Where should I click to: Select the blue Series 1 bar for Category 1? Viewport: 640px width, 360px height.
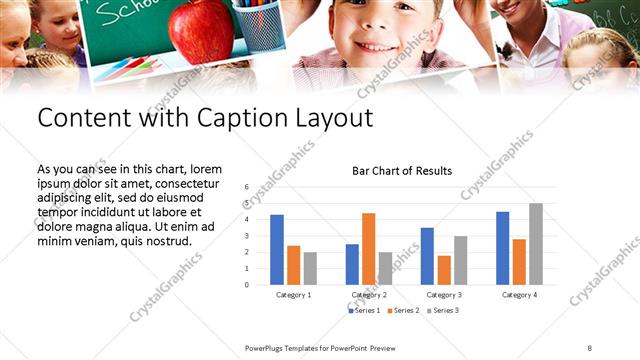click(277, 250)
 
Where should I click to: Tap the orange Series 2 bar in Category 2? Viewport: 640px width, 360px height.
click(369, 249)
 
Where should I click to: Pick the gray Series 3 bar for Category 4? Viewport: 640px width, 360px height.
click(536, 244)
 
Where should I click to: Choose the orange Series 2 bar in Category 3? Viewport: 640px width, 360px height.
click(444, 270)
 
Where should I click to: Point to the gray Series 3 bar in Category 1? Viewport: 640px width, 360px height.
click(310, 268)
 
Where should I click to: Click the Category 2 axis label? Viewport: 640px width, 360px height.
click(368, 295)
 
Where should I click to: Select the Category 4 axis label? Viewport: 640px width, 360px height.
click(519, 295)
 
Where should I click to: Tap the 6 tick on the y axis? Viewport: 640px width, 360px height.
click(246, 187)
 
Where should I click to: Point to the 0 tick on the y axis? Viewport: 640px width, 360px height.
click(246, 285)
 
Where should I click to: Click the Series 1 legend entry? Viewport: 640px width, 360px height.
click(364, 311)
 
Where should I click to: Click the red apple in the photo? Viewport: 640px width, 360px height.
click(201, 30)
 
